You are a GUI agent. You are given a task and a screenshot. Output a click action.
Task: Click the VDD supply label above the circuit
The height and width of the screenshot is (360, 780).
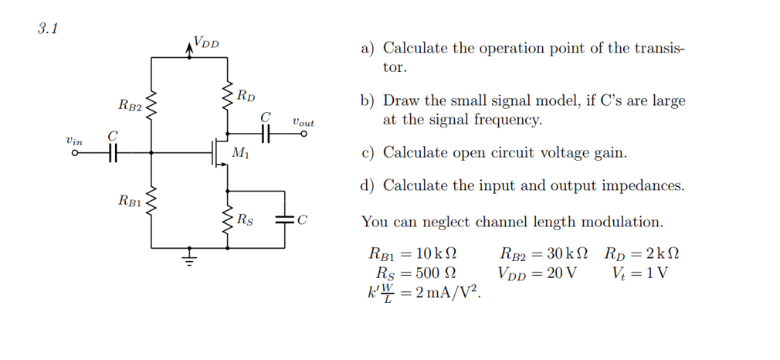pos(205,42)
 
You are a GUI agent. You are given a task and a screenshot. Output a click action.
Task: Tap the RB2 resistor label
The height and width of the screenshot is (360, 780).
pos(129,104)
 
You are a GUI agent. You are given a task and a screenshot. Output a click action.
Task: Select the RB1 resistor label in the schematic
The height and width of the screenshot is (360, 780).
pos(129,202)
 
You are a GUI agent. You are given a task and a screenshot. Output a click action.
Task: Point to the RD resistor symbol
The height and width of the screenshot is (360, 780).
pos(228,99)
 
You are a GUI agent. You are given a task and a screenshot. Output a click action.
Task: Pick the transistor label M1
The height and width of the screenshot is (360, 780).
pos(240,155)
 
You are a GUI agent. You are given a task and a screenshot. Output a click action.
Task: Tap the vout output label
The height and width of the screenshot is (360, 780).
pos(304,122)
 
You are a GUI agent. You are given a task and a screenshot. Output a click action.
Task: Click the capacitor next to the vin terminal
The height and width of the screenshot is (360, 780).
pos(113,153)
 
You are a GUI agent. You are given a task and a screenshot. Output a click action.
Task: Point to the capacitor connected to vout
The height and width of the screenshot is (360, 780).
pos(267,134)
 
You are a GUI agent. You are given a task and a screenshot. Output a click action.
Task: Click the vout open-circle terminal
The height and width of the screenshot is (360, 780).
pos(304,134)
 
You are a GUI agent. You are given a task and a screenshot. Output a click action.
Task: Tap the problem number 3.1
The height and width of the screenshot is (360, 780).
pos(48,30)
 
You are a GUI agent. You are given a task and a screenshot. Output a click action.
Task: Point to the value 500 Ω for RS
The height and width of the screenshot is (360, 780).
pos(438,273)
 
